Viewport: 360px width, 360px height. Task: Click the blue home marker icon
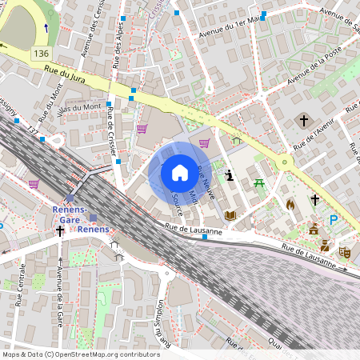pos(180,173)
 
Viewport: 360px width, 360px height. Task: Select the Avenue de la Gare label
pos(60,291)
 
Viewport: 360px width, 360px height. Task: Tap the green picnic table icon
pos(259,184)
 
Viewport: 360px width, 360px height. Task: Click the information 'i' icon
pos(230,175)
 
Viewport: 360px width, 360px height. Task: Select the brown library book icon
pos(230,214)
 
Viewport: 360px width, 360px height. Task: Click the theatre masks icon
pos(344,251)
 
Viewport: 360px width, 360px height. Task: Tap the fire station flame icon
pos(290,205)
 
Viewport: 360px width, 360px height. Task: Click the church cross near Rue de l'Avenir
pos(303,121)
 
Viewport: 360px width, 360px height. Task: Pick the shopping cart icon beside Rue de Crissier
pos(142,128)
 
